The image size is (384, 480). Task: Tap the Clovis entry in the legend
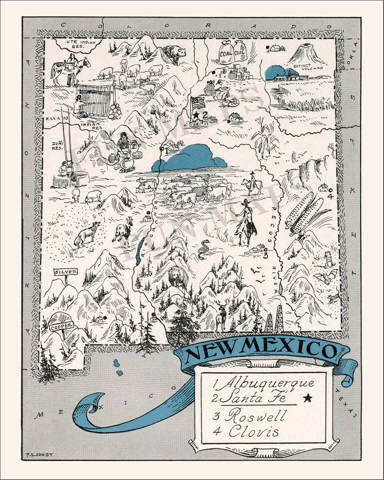pyautogui.click(x=254, y=431)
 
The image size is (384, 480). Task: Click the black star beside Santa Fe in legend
pyautogui.click(x=307, y=398)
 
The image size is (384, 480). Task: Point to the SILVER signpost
pyautogui.click(x=65, y=272)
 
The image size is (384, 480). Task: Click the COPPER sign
pyautogui.click(x=62, y=326)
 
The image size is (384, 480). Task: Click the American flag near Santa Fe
pyautogui.click(x=198, y=103)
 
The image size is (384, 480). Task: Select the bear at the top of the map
pyautogui.click(x=174, y=53)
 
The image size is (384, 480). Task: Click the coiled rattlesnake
pyautogui.click(x=204, y=249)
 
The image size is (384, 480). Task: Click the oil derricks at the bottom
pyautogui.click(x=274, y=319)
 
